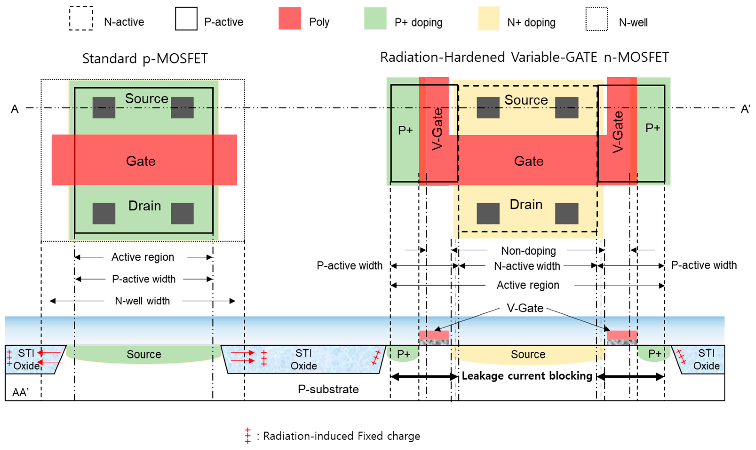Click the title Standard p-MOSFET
(145, 59)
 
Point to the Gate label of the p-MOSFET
(141, 161)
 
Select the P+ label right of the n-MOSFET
(652, 128)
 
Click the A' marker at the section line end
(745, 109)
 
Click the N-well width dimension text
(142, 301)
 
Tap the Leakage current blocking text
(526, 376)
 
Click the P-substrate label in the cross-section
(328, 389)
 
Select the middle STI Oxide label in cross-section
(303, 359)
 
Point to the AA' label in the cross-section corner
(20, 392)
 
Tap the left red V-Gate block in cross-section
(433, 335)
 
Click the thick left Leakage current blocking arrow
(424, 377)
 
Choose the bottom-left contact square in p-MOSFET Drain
(104, 213)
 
